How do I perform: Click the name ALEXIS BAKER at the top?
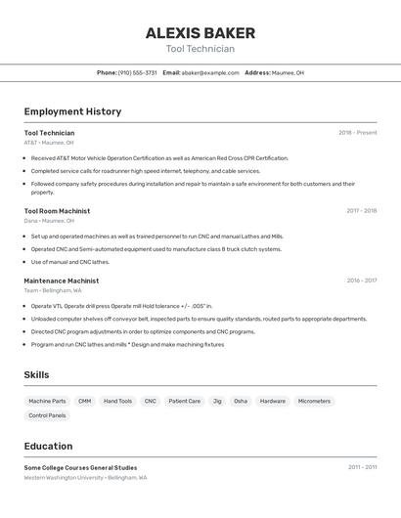click(x=200, y=32)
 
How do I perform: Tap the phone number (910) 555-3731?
click(x=137, y=72)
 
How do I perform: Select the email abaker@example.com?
click(x=210, y=72)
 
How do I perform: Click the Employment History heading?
click(x=72, y=111)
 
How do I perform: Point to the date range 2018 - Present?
click(x=357, y=133)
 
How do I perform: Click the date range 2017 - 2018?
click(x=361, y=211)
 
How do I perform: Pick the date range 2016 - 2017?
click(x=361, y=281)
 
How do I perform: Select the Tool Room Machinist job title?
click(x=57, y=211)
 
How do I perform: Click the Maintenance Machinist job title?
click(x=62, y=281)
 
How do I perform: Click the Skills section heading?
click(x=37, y=374)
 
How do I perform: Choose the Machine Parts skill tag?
click(x=47, y=401)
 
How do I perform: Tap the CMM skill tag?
click(x=85, y=401)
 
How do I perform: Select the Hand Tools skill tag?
click(x=117, y=401)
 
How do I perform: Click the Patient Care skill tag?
click(x=184, y=401)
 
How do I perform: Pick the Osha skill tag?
click(x=241, y=401)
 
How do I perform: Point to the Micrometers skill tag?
click(x=314, y=401)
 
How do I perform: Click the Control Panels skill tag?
click(x=47, y=415)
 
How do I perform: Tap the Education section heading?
click(x=48, y=446)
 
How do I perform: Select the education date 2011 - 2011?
click(x=362, y=467)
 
